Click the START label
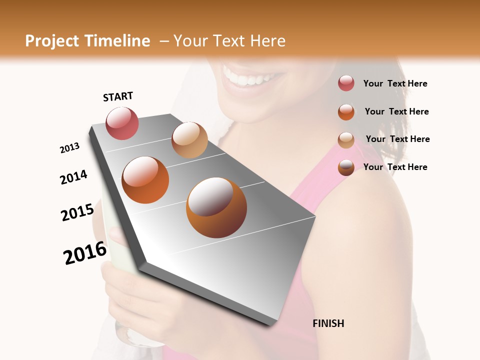118,96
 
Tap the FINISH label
328,323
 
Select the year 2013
69,148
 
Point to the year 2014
73,177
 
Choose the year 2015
77,212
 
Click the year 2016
85,253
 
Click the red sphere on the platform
122,123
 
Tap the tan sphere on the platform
189,140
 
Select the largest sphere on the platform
216,207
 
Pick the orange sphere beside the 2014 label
145,180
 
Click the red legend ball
346,83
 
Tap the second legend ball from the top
346,111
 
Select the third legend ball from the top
346,139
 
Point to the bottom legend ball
346,167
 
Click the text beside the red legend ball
395,83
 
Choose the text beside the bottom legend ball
395,167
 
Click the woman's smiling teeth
250,79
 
